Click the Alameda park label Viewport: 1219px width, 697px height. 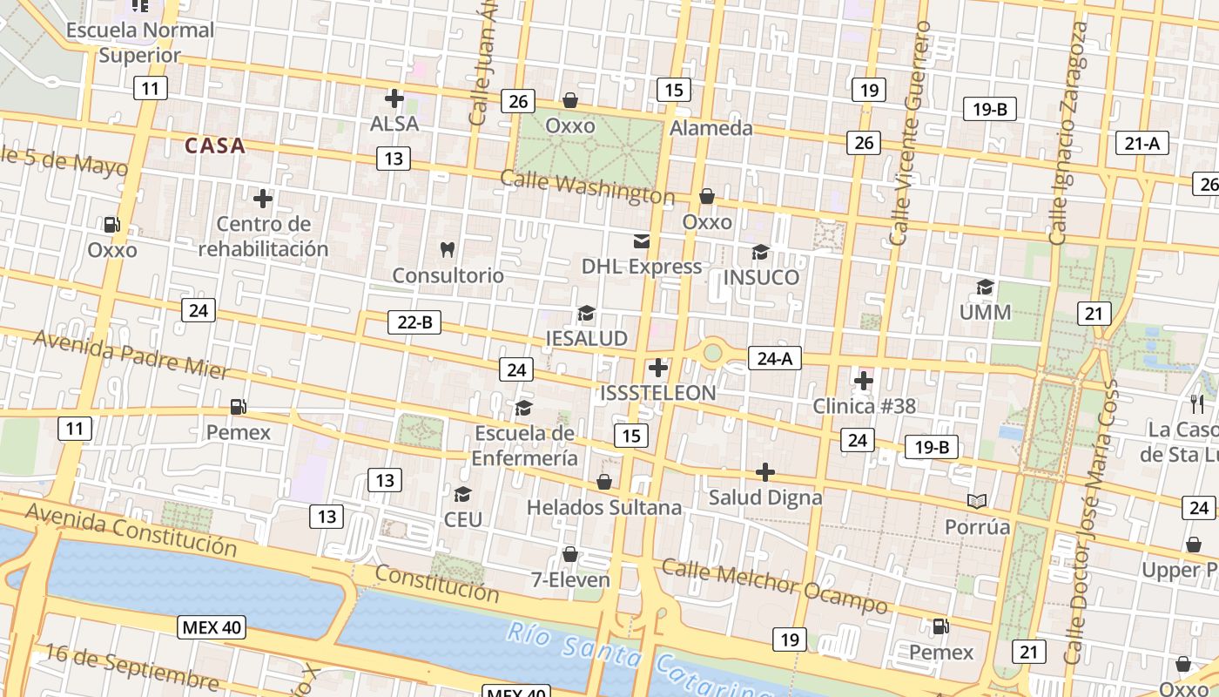(x=711, y=128)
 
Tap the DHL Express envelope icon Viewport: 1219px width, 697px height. (x=642, y=241)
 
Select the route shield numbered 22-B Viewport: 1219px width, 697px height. (x=414, y=322)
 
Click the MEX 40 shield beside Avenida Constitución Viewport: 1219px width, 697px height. (x=212, y=626)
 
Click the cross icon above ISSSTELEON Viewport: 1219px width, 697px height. (x=658, y=368)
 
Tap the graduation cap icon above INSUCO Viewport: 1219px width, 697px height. (x=760, y=253)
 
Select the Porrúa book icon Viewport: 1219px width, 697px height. (x=977, y=502)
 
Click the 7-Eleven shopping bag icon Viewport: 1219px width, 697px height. (x=570, y=554)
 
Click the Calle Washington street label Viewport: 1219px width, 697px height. (x=587, y=187)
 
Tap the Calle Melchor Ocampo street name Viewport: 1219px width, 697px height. (x=774, y=585)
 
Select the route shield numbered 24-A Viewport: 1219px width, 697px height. (x=775, y=358)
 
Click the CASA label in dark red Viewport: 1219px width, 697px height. (x=214, y=145)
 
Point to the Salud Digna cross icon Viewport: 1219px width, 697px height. (x=765, y=472)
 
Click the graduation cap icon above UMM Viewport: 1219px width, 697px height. (x=985, y=288)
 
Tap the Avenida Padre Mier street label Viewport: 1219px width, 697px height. (x=131, y=355)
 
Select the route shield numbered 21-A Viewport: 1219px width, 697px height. (x=1142, y=144)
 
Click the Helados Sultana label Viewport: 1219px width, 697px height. (x=604, y=507)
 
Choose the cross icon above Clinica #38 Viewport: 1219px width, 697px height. (x=864, y=381)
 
